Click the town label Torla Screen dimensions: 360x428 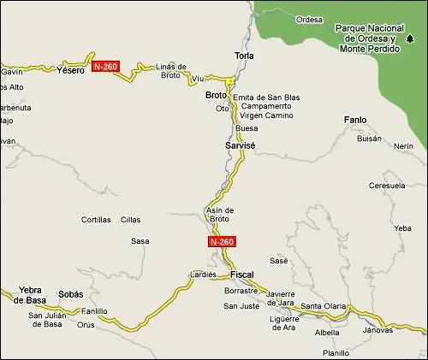click(245, 56)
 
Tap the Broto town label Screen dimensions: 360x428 click(216, 95)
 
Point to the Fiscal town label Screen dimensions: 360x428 click(242, 274)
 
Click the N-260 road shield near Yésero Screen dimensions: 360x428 click(104, 67)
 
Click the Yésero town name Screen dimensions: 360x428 click(70, 70)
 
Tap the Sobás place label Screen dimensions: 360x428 click(70, 294)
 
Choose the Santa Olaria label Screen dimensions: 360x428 click(323, 306)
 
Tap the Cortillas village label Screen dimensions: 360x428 click(96, 220)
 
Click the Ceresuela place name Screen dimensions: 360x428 click(386, 185)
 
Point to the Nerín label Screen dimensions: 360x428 click(404, 146)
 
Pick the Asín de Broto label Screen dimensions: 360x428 click(220, 215)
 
